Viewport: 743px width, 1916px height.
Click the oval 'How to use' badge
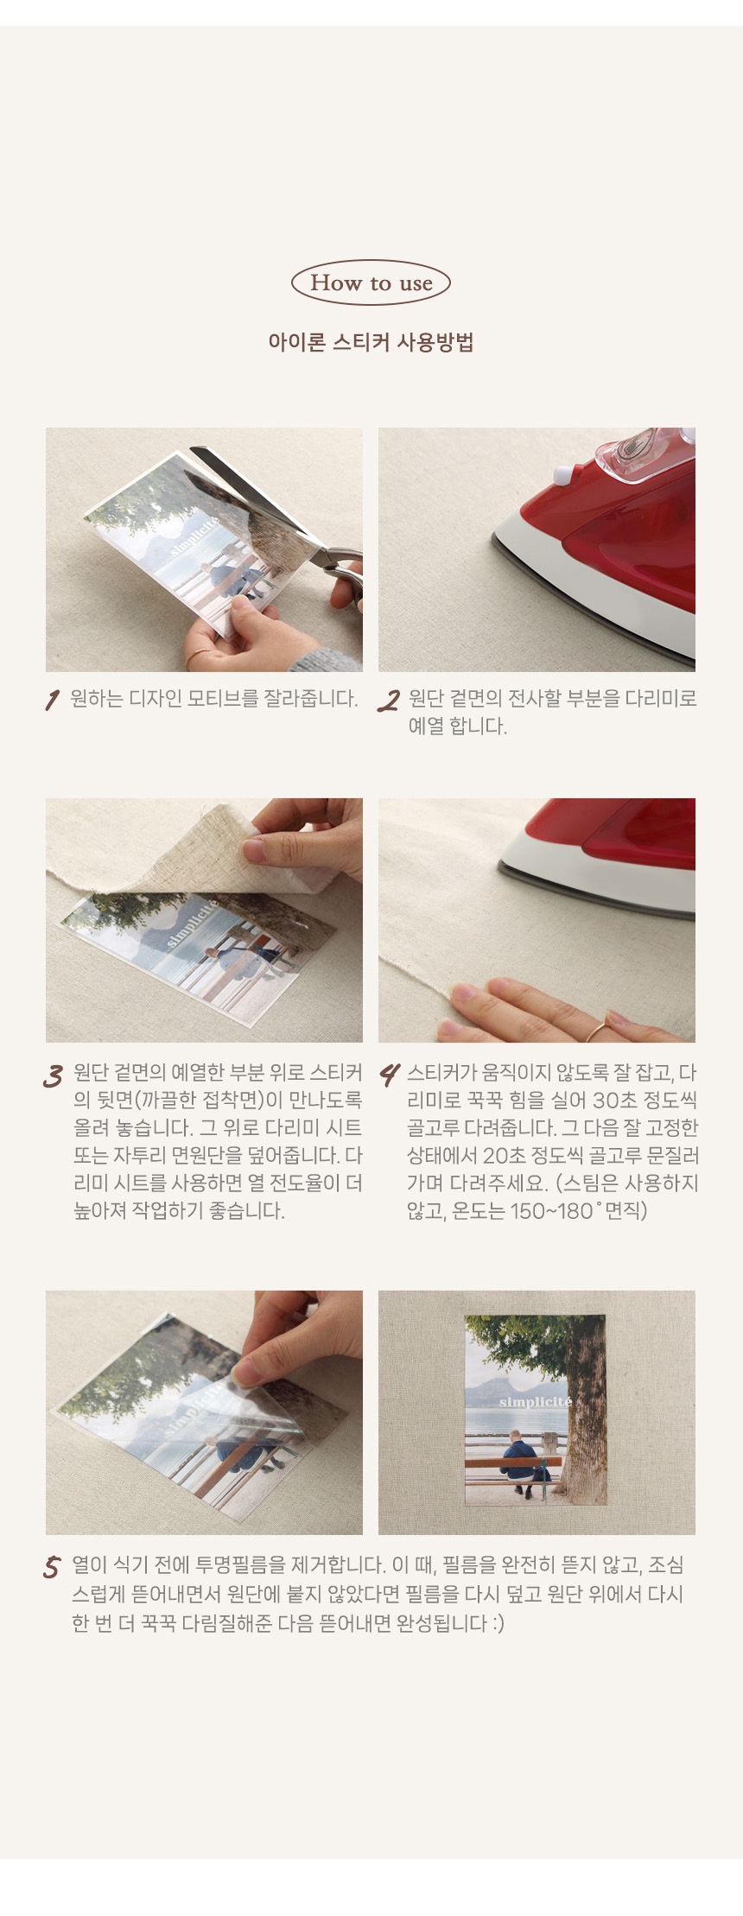(x=371, y=282)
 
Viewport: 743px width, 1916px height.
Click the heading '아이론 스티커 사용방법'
(x=371, y=342)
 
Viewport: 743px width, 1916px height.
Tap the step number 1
(x=52, y=700)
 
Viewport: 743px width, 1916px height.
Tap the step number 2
(x=389, y=701)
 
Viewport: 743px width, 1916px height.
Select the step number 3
(x=54, y=1075)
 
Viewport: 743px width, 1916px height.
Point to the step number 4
(x=390, y=1075)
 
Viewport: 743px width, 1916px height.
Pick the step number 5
(x=52, y=1567)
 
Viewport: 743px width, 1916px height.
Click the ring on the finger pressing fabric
(x=596, y=1031)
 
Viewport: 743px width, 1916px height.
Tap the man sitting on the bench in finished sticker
(x=520, y=1462)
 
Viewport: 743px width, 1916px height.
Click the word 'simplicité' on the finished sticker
(x=535, y=1401)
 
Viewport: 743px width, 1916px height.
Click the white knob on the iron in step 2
(x=562, y=473)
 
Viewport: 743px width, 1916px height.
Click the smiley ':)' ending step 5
(x=498, y=1624)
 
